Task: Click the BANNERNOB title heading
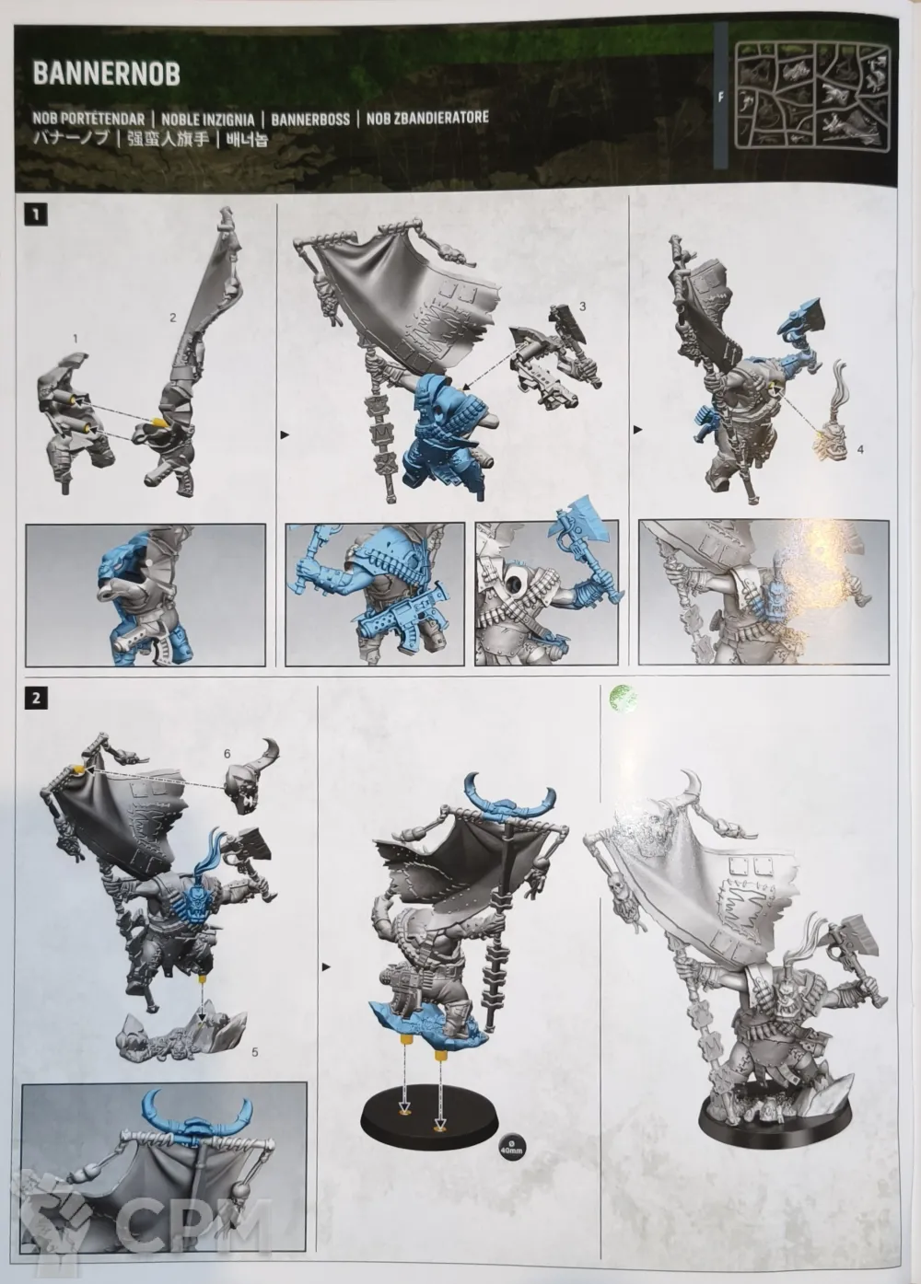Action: [x=106, y=74]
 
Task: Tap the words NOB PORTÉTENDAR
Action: [x=89, y=120]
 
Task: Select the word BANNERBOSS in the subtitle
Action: [x=310, y=120]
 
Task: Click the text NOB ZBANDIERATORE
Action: [x=427, y=118]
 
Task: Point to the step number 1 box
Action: [x=36, y=215]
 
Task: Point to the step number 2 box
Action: [x=36, y=699]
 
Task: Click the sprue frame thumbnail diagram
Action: [x=813, y=98]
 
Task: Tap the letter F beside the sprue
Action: [x=721, y=98]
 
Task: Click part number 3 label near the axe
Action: [x=583, y=307]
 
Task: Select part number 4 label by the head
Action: [x=859, y=450]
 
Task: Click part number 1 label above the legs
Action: [x=76, y=339]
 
